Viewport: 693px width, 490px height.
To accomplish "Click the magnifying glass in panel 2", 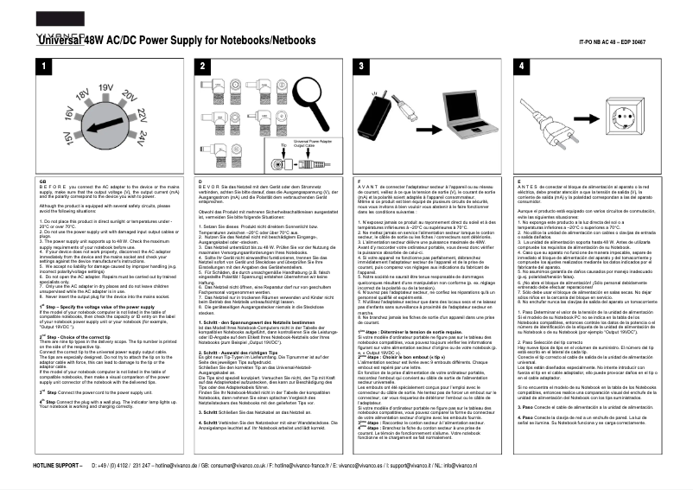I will (308, 108).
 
